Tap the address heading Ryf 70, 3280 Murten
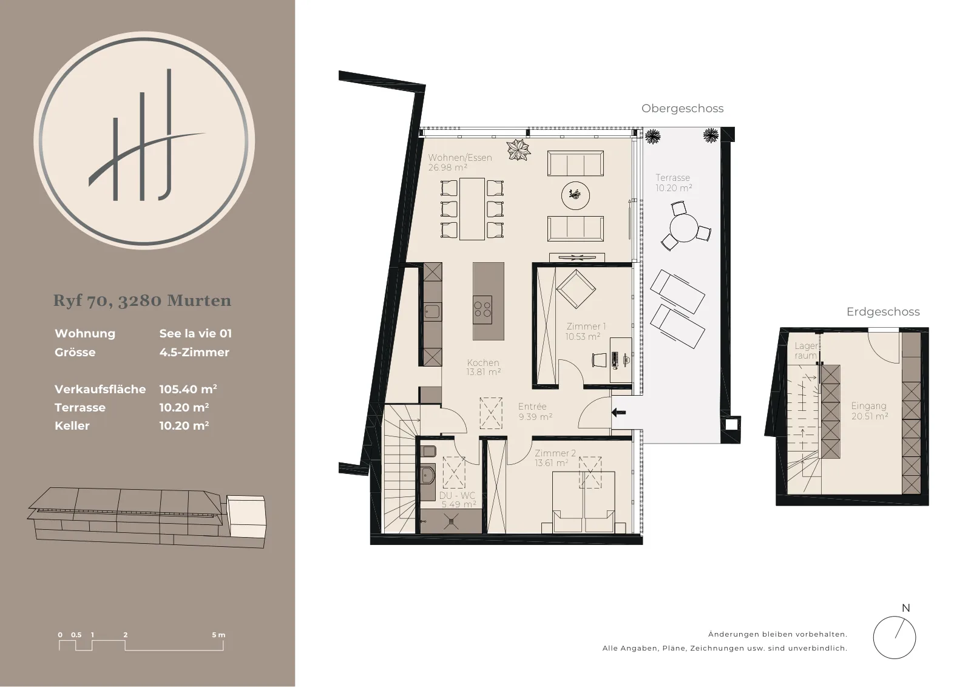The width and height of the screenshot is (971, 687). click(142, 300)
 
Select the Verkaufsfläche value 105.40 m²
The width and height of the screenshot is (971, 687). click(188, 389)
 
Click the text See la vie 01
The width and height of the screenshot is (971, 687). click(195, 333)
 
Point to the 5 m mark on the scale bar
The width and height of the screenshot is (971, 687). click(218, 635)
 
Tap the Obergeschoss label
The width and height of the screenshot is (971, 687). click(682, 109)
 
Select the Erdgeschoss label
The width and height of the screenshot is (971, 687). click(883, 312)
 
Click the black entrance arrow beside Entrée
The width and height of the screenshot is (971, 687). click(618, 412)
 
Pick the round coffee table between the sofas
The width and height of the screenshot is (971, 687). click(575, 195)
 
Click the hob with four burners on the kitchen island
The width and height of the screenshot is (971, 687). click(482, 310)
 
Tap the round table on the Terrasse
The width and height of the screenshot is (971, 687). click(683, 228)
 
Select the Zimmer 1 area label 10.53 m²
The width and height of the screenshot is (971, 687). click(583, 336)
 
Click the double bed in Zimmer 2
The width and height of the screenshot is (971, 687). click(583, 502)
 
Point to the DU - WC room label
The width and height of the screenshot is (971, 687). click(458, 495)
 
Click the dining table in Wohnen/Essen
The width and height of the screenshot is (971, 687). click(472, 209)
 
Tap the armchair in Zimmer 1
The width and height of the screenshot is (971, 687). click(576, 289)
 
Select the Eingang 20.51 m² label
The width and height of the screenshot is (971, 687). click(869, 411)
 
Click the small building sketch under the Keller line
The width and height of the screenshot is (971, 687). click(147, 518)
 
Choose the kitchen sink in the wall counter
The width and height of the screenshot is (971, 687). click(431, 312)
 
